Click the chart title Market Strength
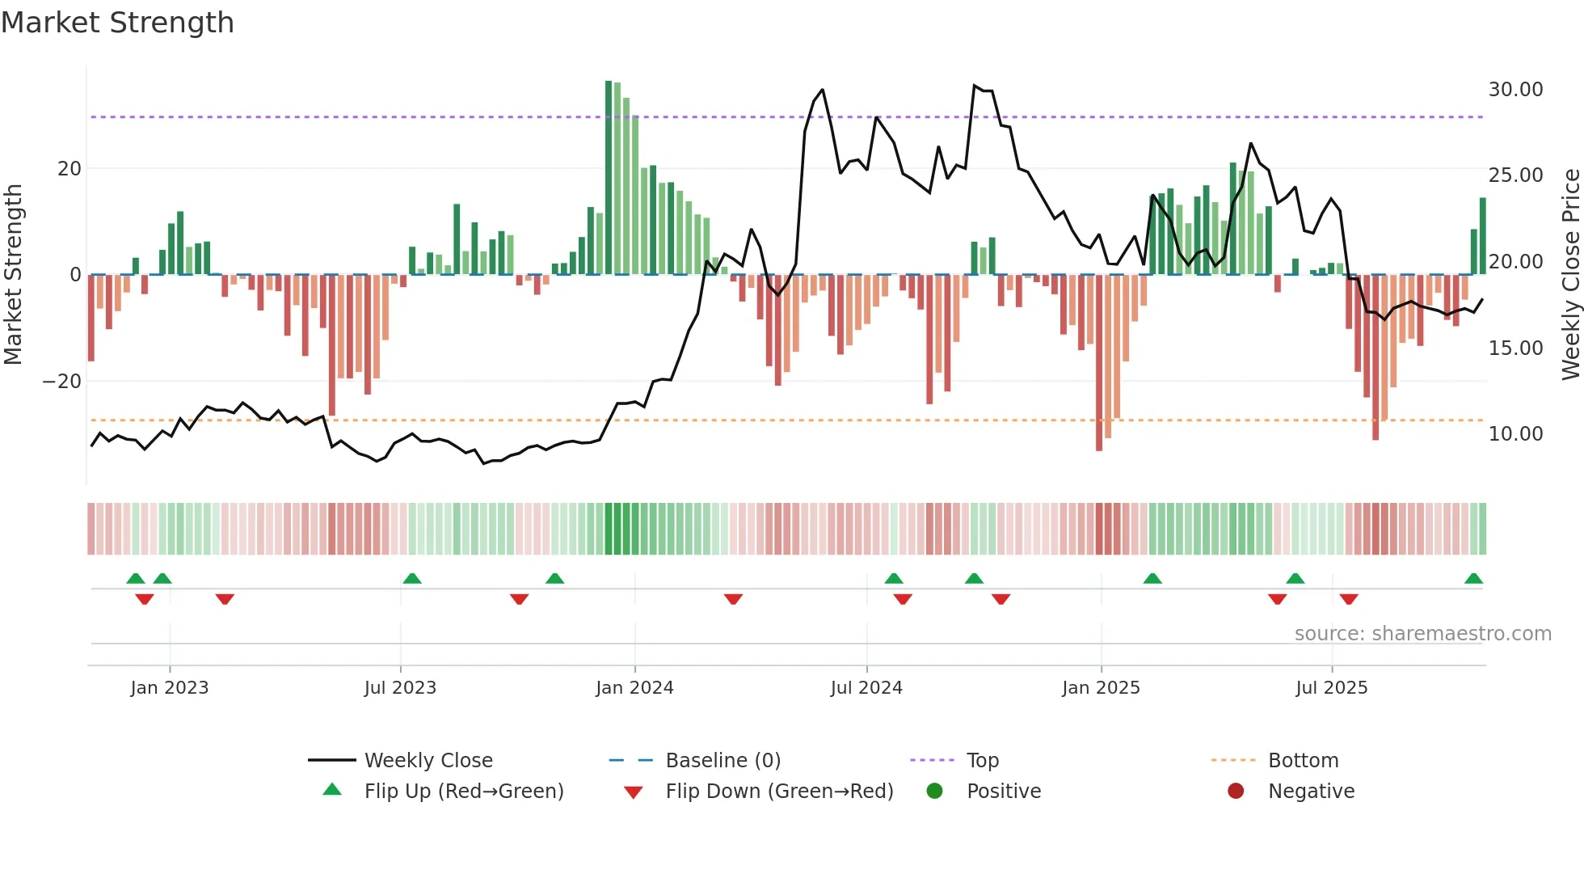tap(117, 23)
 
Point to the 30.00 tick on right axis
tap(1515, 90)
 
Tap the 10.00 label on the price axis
tap(1515, 434)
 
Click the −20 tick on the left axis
tap(62, 382)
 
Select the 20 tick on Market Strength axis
tap(70, 169)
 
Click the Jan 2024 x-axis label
tap(634, 688)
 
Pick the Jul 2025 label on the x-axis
tap(1331, 688)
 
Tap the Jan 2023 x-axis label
tap(169, 688)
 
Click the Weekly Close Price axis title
tap(1570, 274)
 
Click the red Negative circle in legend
tap(1236, 792)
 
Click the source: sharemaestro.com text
tap(1422, 634)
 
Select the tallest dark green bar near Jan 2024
tap(609, 178)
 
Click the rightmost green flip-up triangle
tap(1473, 579)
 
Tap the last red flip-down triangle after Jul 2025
tap(1349, 599)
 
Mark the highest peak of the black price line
tap(975, 85)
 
